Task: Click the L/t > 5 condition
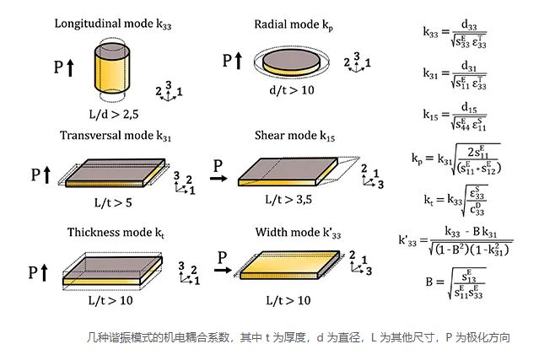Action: click(113, 203)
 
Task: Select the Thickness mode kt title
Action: click(110, 233)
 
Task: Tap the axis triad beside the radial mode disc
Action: click(355, 64)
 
